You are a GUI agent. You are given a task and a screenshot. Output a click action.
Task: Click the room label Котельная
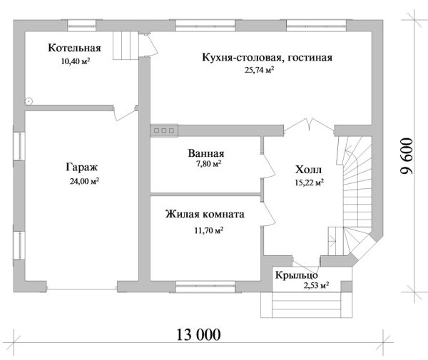pyautogui.click(x=74, y=48)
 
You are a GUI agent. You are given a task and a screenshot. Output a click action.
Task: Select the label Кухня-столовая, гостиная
pyautogui.click(x=267, y=58)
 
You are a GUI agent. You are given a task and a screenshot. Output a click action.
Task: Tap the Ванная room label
pyautogui.click(x=207, y=153)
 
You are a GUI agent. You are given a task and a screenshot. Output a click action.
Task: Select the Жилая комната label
pyautogui.click(x=205, y=214)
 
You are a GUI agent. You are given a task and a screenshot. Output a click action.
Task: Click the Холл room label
pyautogui.click(x=308, y=170)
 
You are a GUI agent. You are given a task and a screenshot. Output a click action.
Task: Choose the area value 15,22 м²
pyautogui.click(x=309, y=182)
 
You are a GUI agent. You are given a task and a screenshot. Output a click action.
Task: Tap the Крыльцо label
pyautogui.click(x=296, y=274)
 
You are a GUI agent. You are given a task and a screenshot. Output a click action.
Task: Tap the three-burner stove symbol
pyautogui.click(x=165, y=130)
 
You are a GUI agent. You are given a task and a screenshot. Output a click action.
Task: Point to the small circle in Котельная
pyautogui.click(x=29, y=101)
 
